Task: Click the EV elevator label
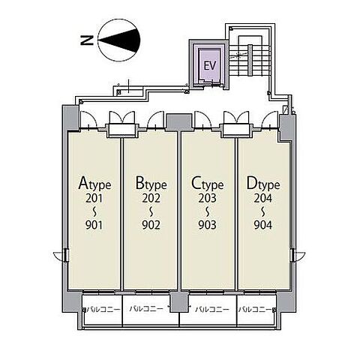pyautogui.click(x=209, y=66)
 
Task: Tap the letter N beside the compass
pyautogui.click(x=87, y=40)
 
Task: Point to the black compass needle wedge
pyautogui.click(x=119, y=40)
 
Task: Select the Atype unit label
pyautogui.click(x=94, y=184)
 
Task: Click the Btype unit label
pyautogui.click(x=151, y=184)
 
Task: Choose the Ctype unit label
pyautogui.click(x=207, y=184)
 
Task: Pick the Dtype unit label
pyautogui.click(x=263, y=184)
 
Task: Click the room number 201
pyautogui.click(x=94, y=198)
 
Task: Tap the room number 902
pyautogui.click(x=151, y=225)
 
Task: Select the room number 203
pyautogui.click(x=207, y=198)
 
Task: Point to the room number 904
pyautogui.click(x=263, y=225)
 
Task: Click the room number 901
pyautogui.click(x=94, y=225)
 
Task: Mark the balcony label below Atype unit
pyautogui.click(x=103, y=310)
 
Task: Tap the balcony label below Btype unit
pyautogui.click(x=146, y=308)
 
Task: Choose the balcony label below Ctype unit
pyautogui.click(x=212, y=310)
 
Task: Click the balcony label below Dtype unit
pyautogui.click(x=255, y=310)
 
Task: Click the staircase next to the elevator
pyautogui.click(x=250, y=60)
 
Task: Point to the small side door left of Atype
pyautogui.click(x=61, y=256)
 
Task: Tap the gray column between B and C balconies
pyautogui.click(x=179, y=301)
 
